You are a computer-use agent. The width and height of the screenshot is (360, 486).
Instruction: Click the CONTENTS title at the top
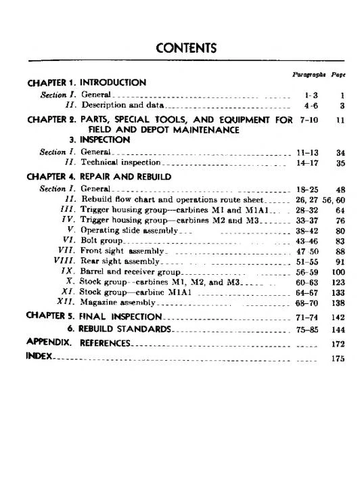coord(186,48)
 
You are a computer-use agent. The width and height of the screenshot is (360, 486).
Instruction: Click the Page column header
coord(338,74)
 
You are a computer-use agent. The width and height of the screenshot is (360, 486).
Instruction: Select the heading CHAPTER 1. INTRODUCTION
coord(86,83)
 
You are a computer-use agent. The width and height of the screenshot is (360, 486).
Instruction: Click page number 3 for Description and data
coord(342,106)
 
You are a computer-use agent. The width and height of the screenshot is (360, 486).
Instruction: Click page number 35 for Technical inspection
coord(340,163)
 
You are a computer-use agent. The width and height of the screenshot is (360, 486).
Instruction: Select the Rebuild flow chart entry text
coord(162,200)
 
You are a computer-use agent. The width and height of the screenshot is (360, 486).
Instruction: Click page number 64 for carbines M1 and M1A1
coord(340,211)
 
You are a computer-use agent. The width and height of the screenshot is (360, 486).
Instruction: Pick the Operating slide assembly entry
coord(129,230)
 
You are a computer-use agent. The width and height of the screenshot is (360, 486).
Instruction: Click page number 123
coord(338,282)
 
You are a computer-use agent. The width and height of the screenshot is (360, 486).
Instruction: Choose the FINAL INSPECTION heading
coord(120,316)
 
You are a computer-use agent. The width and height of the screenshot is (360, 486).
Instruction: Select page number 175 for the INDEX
coord(338,359)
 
